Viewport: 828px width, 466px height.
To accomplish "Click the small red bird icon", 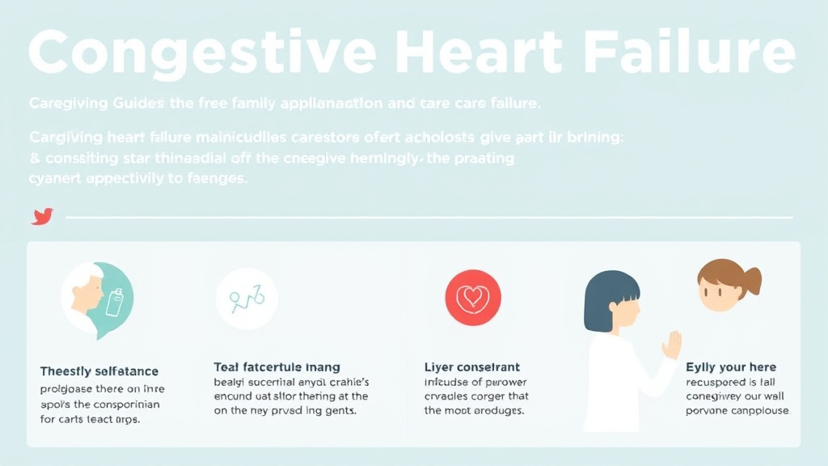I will click(x=42, y=216).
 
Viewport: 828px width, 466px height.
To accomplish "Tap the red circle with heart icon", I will click(x=473, y=298).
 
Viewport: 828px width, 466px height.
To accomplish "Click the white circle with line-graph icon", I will click(x=247, y=299).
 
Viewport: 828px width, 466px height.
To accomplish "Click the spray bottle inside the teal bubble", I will click(x=115, y=302).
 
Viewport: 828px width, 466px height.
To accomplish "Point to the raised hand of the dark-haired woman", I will click(x=672, y=345).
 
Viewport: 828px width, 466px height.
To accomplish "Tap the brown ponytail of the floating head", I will click(x=751, y=282).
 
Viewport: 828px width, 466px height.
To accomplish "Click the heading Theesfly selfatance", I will click(x=99, y=371).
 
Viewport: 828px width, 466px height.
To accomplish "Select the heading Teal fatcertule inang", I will click(x=277, y=367).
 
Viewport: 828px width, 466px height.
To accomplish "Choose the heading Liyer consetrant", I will click(x=472, y=367).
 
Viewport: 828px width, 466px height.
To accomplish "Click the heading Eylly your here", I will click(x=731, y=367).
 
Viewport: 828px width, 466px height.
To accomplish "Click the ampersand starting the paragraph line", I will click(x=34, y=159).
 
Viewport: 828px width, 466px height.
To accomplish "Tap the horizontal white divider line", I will click(x=429, y=217).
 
